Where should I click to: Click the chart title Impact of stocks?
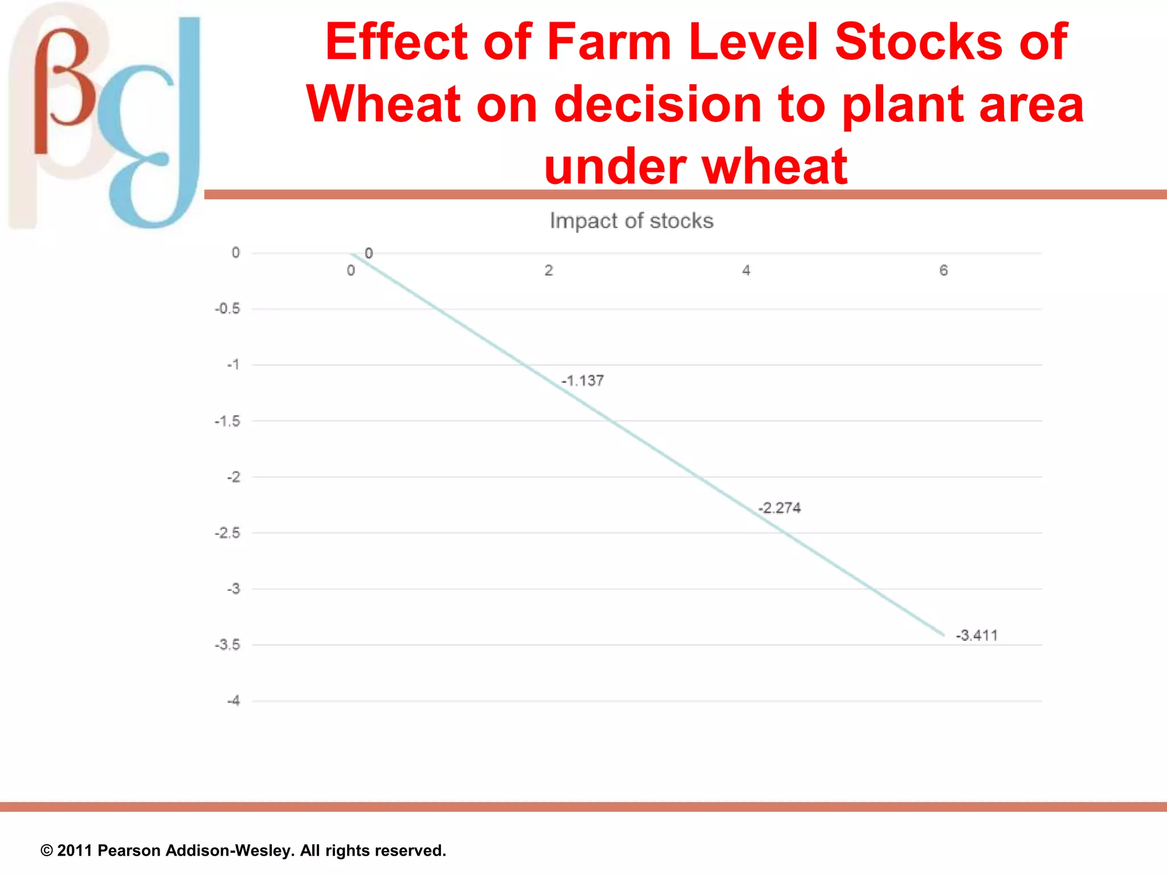pos(631,221)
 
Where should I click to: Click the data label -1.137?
pos(582,381)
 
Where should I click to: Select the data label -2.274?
pos(780,508)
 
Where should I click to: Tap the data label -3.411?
pos(977,635)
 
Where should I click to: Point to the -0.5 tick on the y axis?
pos(227,309)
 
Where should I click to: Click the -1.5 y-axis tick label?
pos(227,421)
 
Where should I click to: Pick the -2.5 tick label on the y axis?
pos(227,533)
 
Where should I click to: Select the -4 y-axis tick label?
pos(234,701)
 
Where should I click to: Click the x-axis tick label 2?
pos(549,270)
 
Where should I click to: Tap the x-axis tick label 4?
pos(746,270)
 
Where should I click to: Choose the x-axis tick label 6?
pos(944,270)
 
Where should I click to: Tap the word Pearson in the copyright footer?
pos(129,851)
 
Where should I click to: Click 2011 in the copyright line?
pos(75,851)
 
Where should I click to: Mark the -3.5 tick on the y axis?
pos(227,645)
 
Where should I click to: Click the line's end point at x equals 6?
pos(943,635)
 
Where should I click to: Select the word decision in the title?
pos(658,104)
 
